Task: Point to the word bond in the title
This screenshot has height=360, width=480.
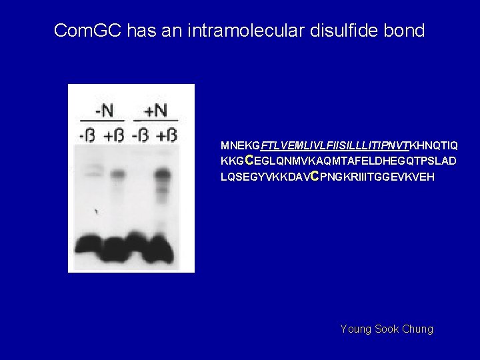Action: (405, 31)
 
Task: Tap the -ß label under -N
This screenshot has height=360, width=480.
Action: (87, 135)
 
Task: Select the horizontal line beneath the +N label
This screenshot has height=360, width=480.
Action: (155, 121)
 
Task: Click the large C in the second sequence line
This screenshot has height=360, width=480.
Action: (249, 160)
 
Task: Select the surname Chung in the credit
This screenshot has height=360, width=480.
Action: (417, 329)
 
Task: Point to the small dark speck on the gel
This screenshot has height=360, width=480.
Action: (97, 212)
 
